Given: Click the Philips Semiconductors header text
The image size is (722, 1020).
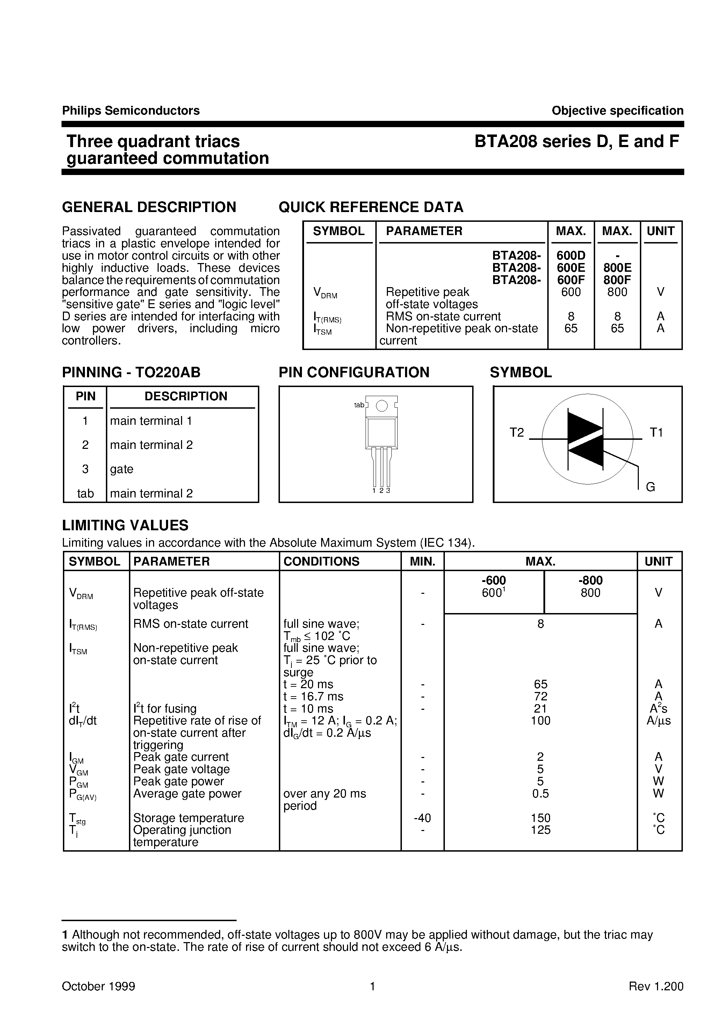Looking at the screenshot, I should click(131, 111).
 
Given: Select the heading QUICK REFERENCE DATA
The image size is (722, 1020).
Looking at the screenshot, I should click(371, 207).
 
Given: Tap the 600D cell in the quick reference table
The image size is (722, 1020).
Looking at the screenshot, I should click(571, 255).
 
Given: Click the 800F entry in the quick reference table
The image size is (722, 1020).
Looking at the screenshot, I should click(617, 280).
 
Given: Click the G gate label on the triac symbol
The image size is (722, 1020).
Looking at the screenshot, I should click(650, 487).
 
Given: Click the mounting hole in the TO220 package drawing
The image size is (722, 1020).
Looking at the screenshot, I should click(382, 406).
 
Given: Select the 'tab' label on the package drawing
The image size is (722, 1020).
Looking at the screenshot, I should click(359, 405).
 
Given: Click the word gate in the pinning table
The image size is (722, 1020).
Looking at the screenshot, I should click(121, 469).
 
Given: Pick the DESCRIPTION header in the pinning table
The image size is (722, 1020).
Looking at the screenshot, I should click(186, 396).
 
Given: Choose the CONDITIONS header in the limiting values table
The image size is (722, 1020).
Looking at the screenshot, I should click(321, 562).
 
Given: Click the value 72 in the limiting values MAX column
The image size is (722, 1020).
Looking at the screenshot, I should click(541, 697).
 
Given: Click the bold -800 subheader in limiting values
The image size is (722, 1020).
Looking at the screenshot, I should click(590, 580).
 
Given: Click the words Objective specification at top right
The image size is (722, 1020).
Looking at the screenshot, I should click(617, 111).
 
